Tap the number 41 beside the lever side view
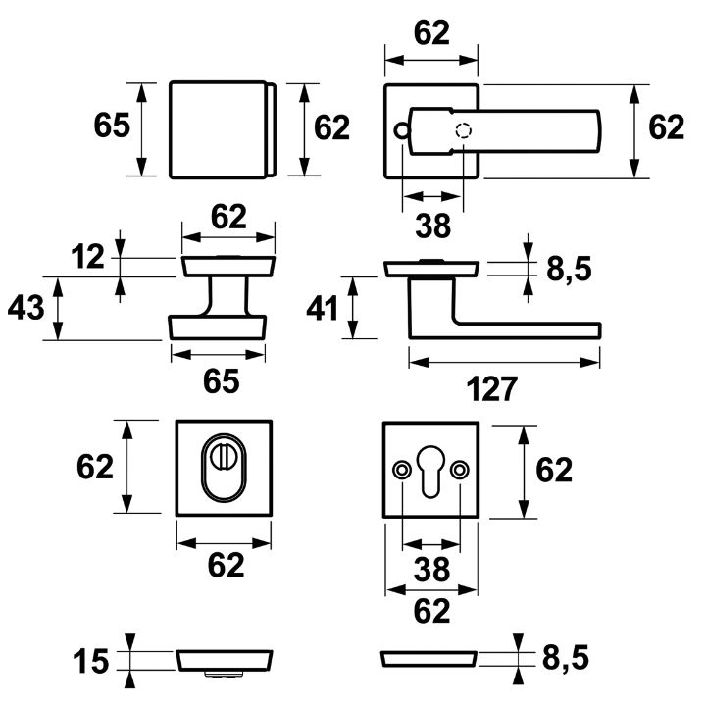click(x=323, y=309)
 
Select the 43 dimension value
click(x=27, y=308)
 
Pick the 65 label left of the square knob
click(x=112, y=127)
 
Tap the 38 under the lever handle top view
click(x=431, y=226)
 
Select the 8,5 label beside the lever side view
click(x=569, y=269)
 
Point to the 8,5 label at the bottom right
click(x=569, y=661)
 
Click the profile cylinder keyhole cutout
click(x=431, y=474)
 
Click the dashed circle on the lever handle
click(x=464, y=131)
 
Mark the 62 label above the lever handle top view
click(x=431, y=32)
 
